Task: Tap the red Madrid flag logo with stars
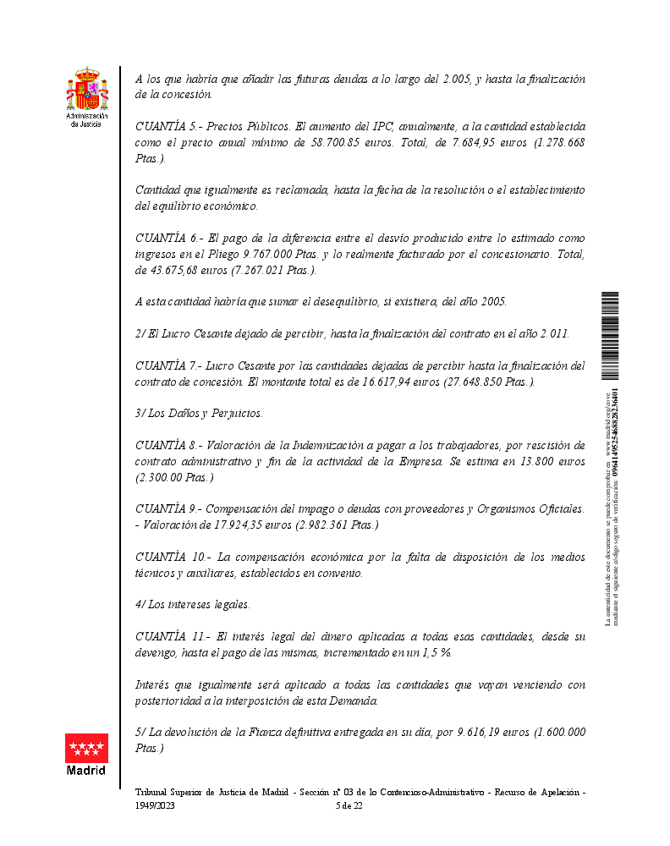(x=86, y=748)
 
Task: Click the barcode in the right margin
(x=610, y=335)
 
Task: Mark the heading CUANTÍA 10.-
(x=170, y=557)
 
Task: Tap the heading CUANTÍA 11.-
(x=170, y=636)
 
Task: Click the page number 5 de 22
(x=349, y=806)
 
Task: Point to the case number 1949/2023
(x=155, y=806)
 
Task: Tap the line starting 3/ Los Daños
(x=199, y=413)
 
